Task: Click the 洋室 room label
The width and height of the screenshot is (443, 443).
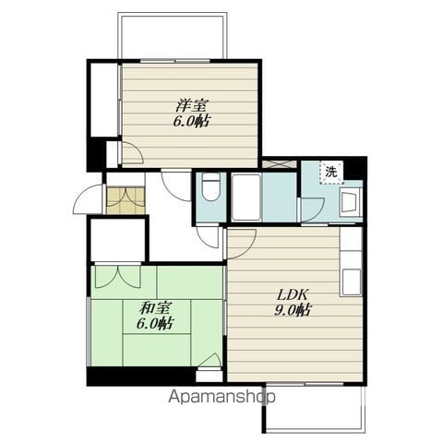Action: pos(192,105)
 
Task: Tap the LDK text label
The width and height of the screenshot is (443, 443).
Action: pos(293,294)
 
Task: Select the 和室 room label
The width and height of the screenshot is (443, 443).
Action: pos(156,308)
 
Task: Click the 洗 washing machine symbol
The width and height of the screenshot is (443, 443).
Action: pos(331,173)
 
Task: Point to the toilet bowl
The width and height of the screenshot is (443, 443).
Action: pos(211,187)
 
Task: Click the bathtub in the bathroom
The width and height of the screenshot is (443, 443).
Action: pos(246,198)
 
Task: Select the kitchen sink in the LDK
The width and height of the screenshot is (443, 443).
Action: pos(352,281)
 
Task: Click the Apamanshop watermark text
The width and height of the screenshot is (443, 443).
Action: pos(221,397)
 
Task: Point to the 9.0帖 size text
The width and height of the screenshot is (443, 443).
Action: pos(292,310)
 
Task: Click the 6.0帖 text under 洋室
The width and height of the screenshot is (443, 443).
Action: pos(191,121)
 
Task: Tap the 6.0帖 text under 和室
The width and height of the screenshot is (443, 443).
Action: pos(154,324)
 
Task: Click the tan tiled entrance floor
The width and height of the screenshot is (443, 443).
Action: pos(126,200)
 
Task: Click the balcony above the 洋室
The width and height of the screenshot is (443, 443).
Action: pos(173,35)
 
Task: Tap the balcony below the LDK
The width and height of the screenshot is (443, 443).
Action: pos(314,408)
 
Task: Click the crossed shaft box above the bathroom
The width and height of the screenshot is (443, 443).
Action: pos(280,162)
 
